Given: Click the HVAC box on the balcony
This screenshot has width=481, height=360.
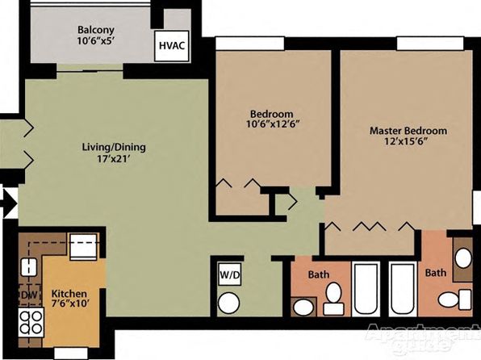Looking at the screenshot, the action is pyautogui.click(x=171, y=46).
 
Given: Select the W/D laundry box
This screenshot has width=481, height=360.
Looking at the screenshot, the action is pyautogui.click(x=229, y=274).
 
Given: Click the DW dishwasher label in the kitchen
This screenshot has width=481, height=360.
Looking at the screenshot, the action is pyautogui.click(x=30, y=295).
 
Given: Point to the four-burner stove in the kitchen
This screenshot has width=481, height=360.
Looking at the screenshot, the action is pyautogui.click(x=31, y=323).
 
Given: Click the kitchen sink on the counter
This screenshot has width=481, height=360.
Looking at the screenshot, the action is pyautogui.click(x=29, y=267).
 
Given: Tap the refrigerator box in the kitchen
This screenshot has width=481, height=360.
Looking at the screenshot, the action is pyautogui.click(x=84, y=246).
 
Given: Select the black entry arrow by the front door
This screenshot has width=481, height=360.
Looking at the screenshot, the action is pyautogui.click(x=9, y=203).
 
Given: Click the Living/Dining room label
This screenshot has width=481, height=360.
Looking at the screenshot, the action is pyautogui.click(x=114, y=147).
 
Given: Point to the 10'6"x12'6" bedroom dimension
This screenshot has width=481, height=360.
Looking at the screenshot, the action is pyautogui.click(x=273, y=124).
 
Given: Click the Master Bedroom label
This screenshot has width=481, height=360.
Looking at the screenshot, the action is pyautogui.click(x=408, y=131).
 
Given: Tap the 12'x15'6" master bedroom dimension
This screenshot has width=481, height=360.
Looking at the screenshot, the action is pyautogui.click(x=406, y=141).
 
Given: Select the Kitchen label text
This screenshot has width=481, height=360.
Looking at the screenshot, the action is pyautogui.click(x=69, y=293).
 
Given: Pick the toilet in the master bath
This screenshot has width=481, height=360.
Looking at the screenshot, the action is pyautogui.click(x=454, y=299).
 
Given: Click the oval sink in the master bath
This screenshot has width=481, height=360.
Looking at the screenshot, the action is pyautogui.click(x=463, y=258).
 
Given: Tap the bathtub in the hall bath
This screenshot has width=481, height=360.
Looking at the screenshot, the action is pyautogui.click(x=365, y=289).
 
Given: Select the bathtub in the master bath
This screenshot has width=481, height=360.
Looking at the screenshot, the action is pyautogui.click(x=403, y=289).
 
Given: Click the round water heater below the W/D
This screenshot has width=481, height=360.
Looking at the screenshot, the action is pyautogui.click(x=228, y=303).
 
